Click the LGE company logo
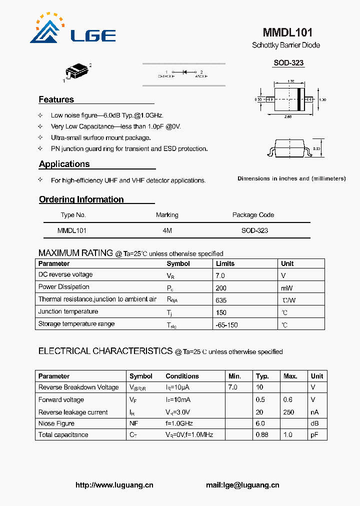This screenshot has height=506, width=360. click(x=73, y=30)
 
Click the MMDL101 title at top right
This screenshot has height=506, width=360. click(x=287, y=32)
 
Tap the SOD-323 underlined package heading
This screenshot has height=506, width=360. click(x=288, y=63)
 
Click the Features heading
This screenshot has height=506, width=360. click(x=56, y=99)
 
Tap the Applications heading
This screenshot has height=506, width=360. click(x=64, y=164)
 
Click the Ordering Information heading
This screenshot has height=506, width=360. click(x=81, y=199)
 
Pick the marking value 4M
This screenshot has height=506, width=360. click(x=167, y=230)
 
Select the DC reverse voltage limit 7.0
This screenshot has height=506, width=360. click(x=220, y=275)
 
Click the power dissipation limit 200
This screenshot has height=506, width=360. click(x=221, y=288)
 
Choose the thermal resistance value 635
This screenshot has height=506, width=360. click(x=221, y=300)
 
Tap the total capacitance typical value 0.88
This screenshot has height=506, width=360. click(x=262, y=434)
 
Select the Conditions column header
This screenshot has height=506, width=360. click(x=182, y=376)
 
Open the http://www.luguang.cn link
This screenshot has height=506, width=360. click(x=114, y=485)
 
